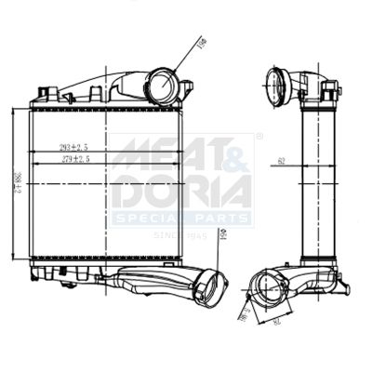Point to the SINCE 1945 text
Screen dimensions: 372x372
179,235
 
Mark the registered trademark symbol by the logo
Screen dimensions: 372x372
259,137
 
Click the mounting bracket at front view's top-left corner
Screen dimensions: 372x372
43,95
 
